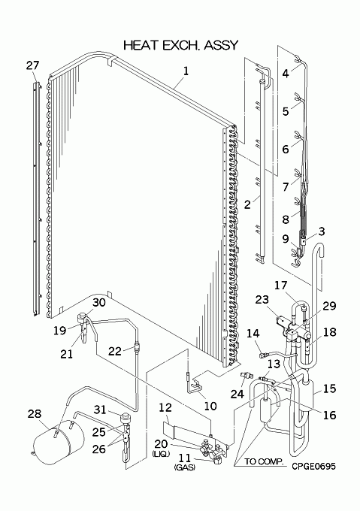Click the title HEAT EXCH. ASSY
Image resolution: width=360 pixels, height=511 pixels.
[180, 45]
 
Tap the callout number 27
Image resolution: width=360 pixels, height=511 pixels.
[32, 65]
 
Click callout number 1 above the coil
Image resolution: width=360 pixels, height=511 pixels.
[186, 71]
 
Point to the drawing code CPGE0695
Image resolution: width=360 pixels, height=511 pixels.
[313, 467]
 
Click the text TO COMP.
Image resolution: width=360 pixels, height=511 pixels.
[264, 461]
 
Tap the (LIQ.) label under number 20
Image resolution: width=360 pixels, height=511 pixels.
[161, 454]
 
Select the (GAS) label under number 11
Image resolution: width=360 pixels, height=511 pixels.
[185, 467]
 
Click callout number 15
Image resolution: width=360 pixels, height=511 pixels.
[329, 389]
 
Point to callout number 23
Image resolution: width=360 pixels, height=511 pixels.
[262, 299]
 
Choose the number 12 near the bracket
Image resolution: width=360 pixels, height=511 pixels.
[165, 407]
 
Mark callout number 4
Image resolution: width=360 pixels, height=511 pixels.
[286, 74]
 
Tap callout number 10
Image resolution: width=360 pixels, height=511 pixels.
[210, 406]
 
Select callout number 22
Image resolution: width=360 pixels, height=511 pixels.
[115, 351]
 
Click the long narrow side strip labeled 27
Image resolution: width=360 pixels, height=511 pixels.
[37, 199]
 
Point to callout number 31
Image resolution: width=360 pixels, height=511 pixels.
[100, 409]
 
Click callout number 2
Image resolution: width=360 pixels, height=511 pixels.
[247, 204]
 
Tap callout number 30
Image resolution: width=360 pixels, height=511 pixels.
[98, 302]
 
